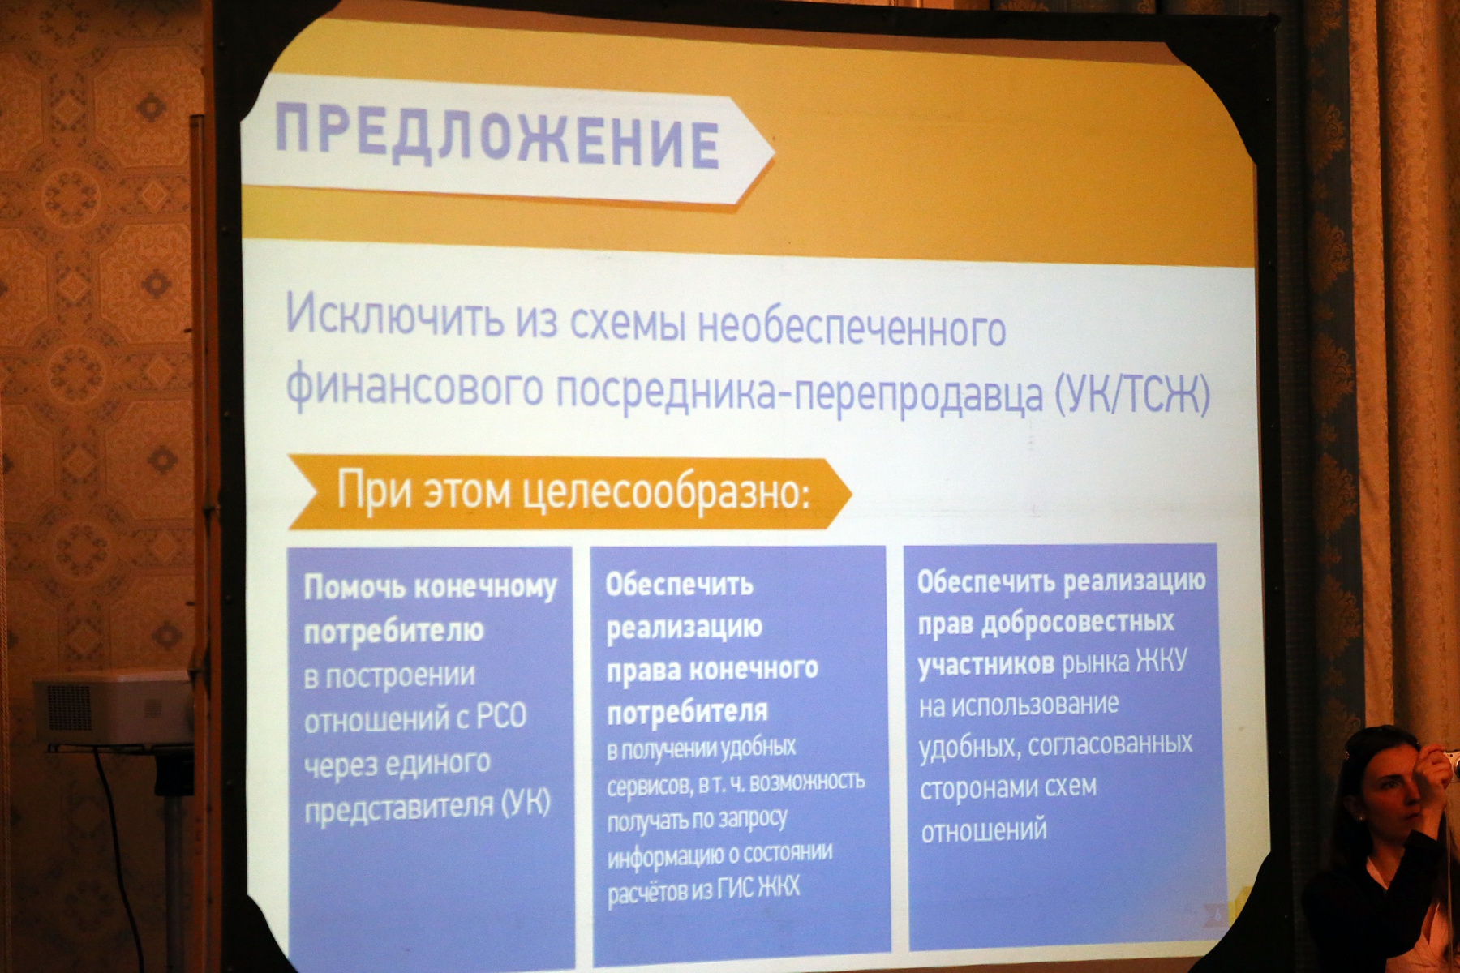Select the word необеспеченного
tap(852, 328)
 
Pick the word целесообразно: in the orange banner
tap(666, 491)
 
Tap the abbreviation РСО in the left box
tap(500, 717)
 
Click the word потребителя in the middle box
tap(687, 712)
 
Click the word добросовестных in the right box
tap(1078, 623)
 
